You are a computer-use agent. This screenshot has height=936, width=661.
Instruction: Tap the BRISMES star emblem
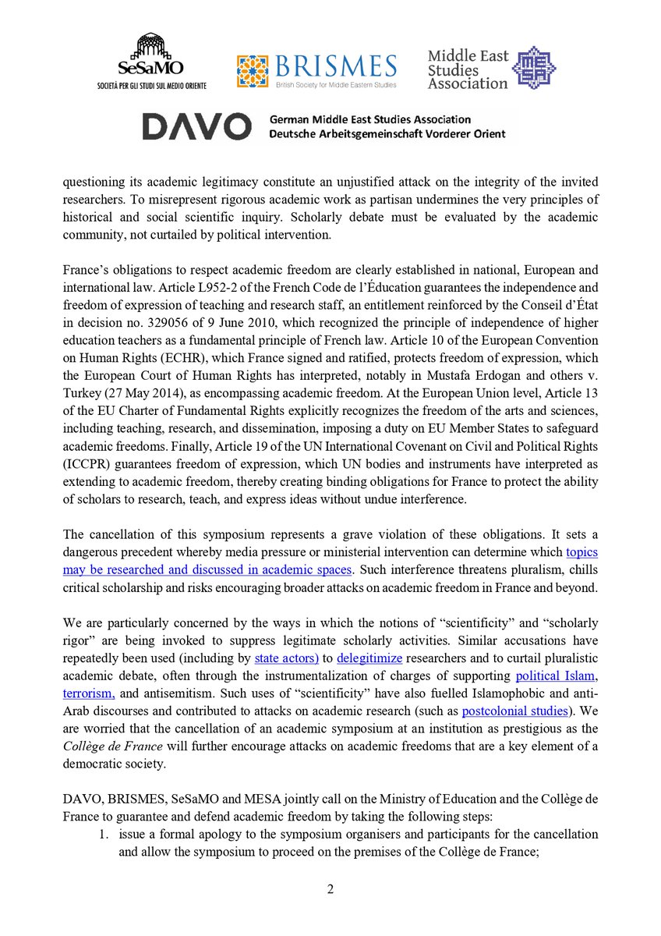(x=254, y=71)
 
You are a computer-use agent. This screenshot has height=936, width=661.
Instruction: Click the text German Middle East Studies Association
(x=369, y=119)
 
